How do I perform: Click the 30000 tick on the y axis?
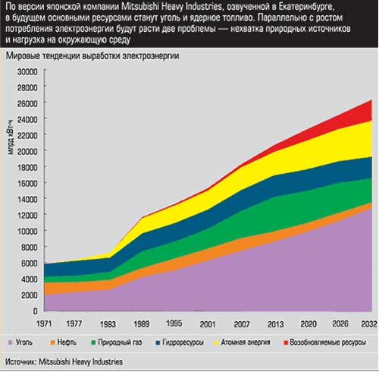27,72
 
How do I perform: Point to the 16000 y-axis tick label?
27,183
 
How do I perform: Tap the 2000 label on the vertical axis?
30,295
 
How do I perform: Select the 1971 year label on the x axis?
44,323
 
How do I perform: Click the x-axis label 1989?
142,324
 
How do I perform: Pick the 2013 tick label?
275,324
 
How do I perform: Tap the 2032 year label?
369,324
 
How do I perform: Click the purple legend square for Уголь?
11,343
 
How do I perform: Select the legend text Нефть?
67,342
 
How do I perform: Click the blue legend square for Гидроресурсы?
158,343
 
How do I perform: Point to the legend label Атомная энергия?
246,342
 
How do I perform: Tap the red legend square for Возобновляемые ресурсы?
286,343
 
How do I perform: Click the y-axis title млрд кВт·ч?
11,138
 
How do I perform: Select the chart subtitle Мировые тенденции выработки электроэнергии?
92,56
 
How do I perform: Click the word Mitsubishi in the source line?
55,361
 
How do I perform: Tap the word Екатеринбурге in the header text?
306,7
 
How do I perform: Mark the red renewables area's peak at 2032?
371,100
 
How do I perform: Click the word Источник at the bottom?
21,362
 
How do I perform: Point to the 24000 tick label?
27,119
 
